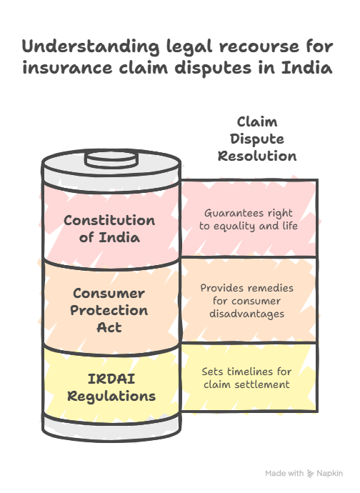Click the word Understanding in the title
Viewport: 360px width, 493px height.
point(91,47)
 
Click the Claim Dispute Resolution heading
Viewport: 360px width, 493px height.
point(257,139)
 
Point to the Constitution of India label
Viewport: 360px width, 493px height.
point(109,229)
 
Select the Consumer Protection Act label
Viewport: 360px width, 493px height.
point(109,310)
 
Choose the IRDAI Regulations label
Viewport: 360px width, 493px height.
point(111,387)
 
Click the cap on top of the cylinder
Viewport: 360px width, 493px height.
point(111,159)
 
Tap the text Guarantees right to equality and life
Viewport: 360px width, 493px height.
point(249,219)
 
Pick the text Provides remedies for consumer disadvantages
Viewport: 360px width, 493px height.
point(247,301)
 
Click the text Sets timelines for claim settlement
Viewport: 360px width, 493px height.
point(246,378)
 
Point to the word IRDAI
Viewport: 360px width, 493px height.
point(111,379)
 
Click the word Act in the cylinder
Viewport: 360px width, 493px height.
point(109,327)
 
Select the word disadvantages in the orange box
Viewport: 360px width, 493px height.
point(247,314)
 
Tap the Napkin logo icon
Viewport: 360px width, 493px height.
point(310,474)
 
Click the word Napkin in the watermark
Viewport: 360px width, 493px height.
point(329,474)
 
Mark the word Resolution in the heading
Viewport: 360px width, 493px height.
point(257,156)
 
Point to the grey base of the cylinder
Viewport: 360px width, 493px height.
point(111,428)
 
